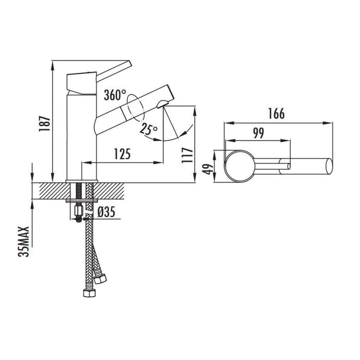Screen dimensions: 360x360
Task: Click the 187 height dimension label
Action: (44, 124)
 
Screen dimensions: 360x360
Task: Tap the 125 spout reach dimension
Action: (123, 154)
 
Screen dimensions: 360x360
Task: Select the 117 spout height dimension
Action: (187, 155)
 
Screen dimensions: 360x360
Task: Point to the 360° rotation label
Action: (115, 95)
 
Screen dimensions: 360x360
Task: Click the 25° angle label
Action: (149, 129)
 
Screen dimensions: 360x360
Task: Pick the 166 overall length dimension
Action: (277, 114)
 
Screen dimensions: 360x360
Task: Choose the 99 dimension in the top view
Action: (259, 133)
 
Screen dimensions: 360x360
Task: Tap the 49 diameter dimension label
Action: (208, 169)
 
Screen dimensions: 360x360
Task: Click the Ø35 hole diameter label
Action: (106, 212)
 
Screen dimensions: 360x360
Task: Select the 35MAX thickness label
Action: (24, 242)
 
